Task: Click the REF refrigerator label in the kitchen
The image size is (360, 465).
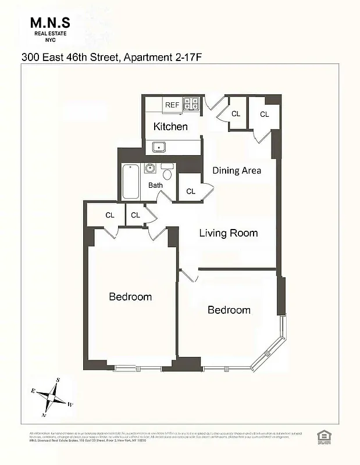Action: coord(172,105)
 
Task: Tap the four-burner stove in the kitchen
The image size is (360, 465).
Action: coord(192,105)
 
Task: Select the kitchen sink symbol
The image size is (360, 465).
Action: coord(159,146)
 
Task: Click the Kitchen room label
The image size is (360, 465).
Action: coord(170,126)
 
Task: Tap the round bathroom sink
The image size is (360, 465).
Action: coord(150,169)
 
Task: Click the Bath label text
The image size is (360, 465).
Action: coord(155,185)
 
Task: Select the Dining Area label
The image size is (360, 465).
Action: coord(236,170)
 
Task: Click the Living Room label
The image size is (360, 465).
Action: coord(228,233)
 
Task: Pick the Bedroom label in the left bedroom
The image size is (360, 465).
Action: coord(130,296)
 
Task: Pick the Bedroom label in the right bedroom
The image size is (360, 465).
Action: coord(229,310)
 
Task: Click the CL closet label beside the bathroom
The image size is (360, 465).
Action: coord(191,191)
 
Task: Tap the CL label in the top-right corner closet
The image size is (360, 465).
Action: coord(265,115)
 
